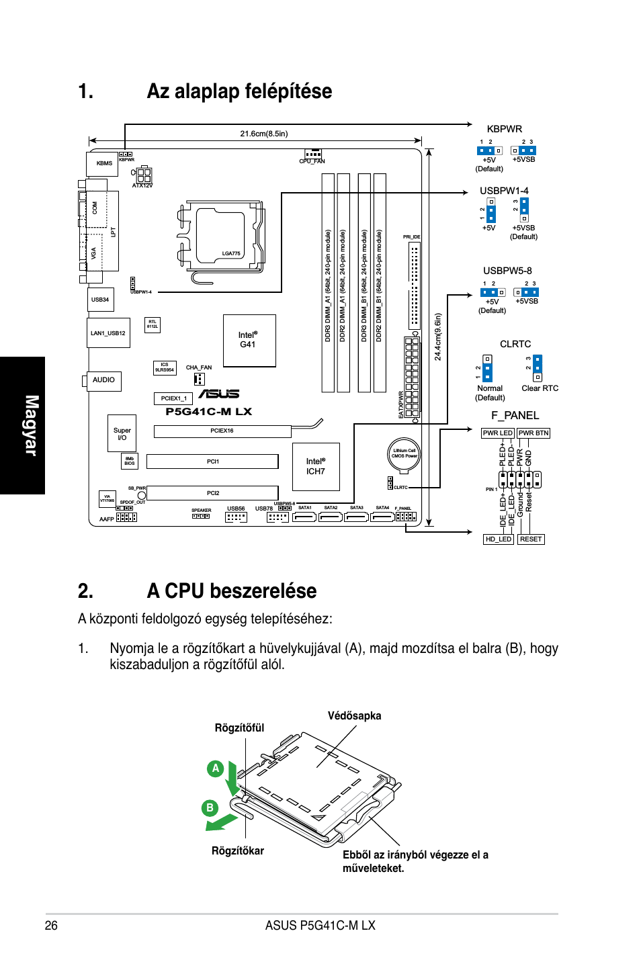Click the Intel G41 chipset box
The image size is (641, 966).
click(249, 340)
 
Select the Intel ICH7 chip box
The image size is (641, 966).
click(316, 466)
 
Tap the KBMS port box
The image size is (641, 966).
click(103, 163)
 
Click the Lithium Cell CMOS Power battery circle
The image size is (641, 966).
click(404, 453)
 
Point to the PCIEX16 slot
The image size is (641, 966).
click(222, 431)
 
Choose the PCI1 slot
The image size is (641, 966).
click(212, 462)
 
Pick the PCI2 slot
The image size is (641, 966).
click(212, 493)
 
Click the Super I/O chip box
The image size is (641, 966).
click(122, 434)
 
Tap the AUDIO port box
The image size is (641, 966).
click(103, 380)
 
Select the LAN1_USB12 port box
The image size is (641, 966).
click(108, 333)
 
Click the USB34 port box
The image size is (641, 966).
click(100, 300)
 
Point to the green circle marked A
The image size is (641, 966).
click(215, 769)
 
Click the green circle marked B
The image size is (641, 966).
click(210, 807)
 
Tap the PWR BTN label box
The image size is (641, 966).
click(533, 433)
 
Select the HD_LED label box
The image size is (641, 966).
click(499, 539)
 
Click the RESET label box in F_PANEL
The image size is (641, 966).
click(531, 539)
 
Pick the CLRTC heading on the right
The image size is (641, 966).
click(515, 344)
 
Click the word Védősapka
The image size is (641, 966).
click(354, 715)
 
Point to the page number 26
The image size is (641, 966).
click(51, 925)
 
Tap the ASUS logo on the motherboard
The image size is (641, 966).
click(219, 394)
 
